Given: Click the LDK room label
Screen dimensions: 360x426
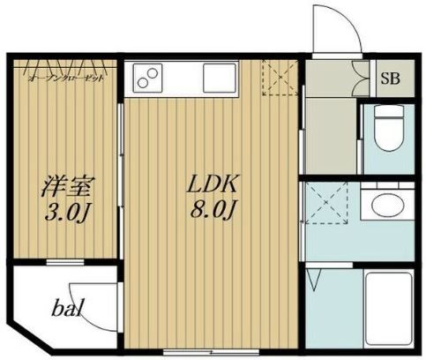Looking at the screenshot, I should click(212, 186).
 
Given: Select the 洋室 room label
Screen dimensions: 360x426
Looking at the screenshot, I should click(66, 187).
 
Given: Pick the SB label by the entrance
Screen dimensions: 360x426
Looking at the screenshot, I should click(389, 78).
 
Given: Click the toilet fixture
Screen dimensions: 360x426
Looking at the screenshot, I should click(385, 128).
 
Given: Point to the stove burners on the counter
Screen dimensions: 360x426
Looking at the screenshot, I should click(147, 78).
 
